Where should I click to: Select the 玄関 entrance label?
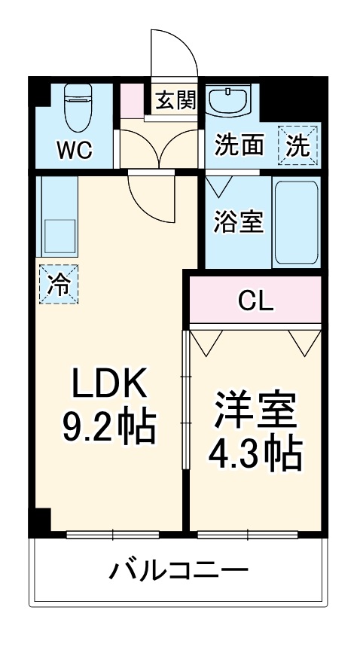coord(176,99)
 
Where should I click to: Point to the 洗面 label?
coord(239,145)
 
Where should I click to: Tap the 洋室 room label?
coord(254,410)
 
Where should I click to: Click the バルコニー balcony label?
coord(178,570)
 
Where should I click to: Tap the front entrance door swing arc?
coord(172,53)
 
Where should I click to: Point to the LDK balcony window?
coord(112,536)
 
